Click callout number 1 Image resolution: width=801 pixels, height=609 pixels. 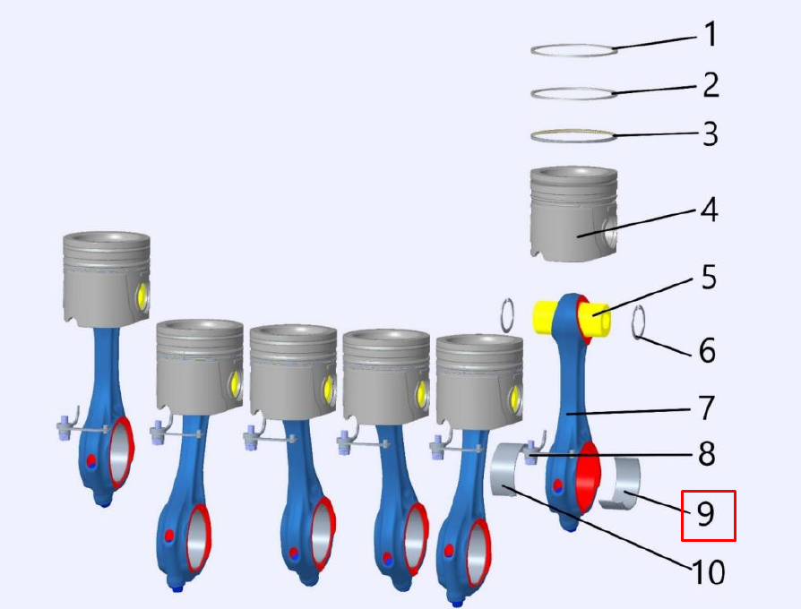(711, 34)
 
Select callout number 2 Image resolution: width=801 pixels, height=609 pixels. (711, 85)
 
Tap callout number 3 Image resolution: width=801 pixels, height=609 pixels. (711, 133)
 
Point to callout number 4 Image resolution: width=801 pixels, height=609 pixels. (709, 210)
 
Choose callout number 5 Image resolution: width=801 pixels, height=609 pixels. (708, 278)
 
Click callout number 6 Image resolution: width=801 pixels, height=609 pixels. (707, 351)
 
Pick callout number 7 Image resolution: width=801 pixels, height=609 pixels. (707, 407)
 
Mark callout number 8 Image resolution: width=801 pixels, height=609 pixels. (707, 454)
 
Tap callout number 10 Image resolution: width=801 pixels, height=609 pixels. (708, 571)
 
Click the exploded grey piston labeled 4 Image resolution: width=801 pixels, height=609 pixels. (573, 214)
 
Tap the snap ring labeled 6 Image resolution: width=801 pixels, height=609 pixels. (639, 322)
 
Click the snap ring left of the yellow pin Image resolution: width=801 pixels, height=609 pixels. (507, 315)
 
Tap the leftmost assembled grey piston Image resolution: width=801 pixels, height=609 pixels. (107, 279)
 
